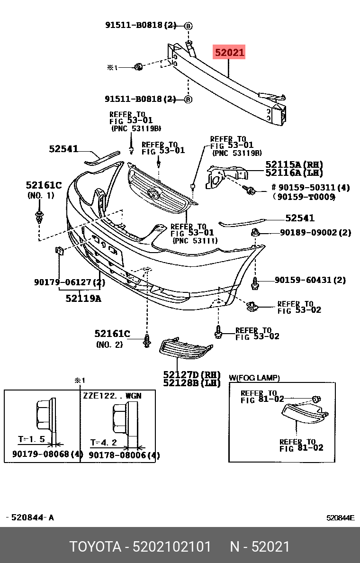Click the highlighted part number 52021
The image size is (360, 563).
pyautogui.click(x=230, y=53)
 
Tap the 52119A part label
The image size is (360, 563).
pyautogui.click(x=83, y=299)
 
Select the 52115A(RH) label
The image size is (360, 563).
pyautogui.click(x=294, y=164)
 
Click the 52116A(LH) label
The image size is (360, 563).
pyautogui.click(x=294, y=173)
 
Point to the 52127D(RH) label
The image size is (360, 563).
pyautogui.click(x=192, y=374)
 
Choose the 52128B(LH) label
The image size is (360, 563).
pyautogui.click(x=192, y=383)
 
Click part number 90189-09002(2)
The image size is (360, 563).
pyautogui.click(x=315, y=233)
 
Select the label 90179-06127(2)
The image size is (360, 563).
pyautogui.click(x=69, y=282)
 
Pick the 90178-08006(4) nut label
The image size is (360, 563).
pyautogui.click(x=124, y=455)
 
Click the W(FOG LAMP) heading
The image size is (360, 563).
pyautogui.click(x=254, y=378)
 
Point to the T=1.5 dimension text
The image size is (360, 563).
pyautogui.click(x=31, y=439)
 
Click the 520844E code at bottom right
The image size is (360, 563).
pyautogui.click(x=340, y=518)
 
